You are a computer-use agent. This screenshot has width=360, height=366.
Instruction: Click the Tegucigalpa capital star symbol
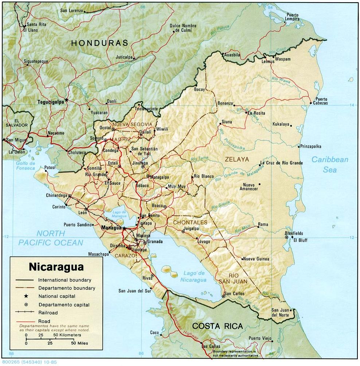click(66, 100)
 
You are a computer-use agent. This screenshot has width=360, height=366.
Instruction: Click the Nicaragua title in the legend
click(56, 266)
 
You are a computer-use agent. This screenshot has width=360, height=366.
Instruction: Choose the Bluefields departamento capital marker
click(287, 237)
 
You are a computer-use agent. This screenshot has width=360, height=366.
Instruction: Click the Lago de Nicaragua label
click(193, 277)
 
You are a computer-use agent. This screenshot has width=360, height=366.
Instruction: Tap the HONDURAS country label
click(99, 43)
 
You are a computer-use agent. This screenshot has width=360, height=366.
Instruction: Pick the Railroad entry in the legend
click(48, 312)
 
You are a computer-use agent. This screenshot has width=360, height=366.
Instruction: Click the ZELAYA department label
click(236, 159)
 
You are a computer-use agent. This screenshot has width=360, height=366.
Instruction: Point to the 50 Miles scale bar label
click(80, 343)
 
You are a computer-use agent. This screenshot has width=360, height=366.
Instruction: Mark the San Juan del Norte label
click(280, 312)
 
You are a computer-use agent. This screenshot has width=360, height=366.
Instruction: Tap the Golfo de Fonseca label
click(26, 166)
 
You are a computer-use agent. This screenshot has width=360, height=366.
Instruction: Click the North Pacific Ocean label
click(51, 238)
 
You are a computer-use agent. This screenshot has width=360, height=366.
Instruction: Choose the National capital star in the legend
click(26, 296)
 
